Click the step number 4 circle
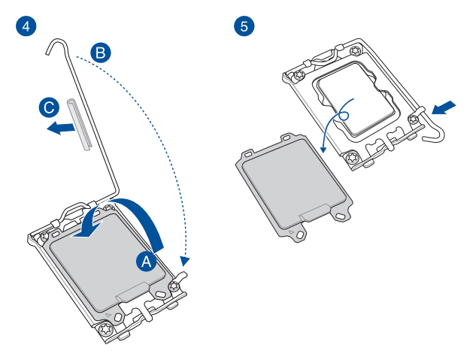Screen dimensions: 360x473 coord(26,26)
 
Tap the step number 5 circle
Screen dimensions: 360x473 coord(244,26)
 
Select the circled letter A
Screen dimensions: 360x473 coord(147,261)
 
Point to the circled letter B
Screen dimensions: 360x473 coord(100,53)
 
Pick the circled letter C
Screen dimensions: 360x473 coord(48,107)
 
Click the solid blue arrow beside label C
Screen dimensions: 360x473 coord(59,129)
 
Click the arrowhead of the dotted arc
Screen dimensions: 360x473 coord(186,262)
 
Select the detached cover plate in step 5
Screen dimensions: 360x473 coord(293,184)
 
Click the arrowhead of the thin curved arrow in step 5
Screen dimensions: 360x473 coord(323,150)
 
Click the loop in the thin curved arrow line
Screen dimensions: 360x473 coord(345,114)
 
